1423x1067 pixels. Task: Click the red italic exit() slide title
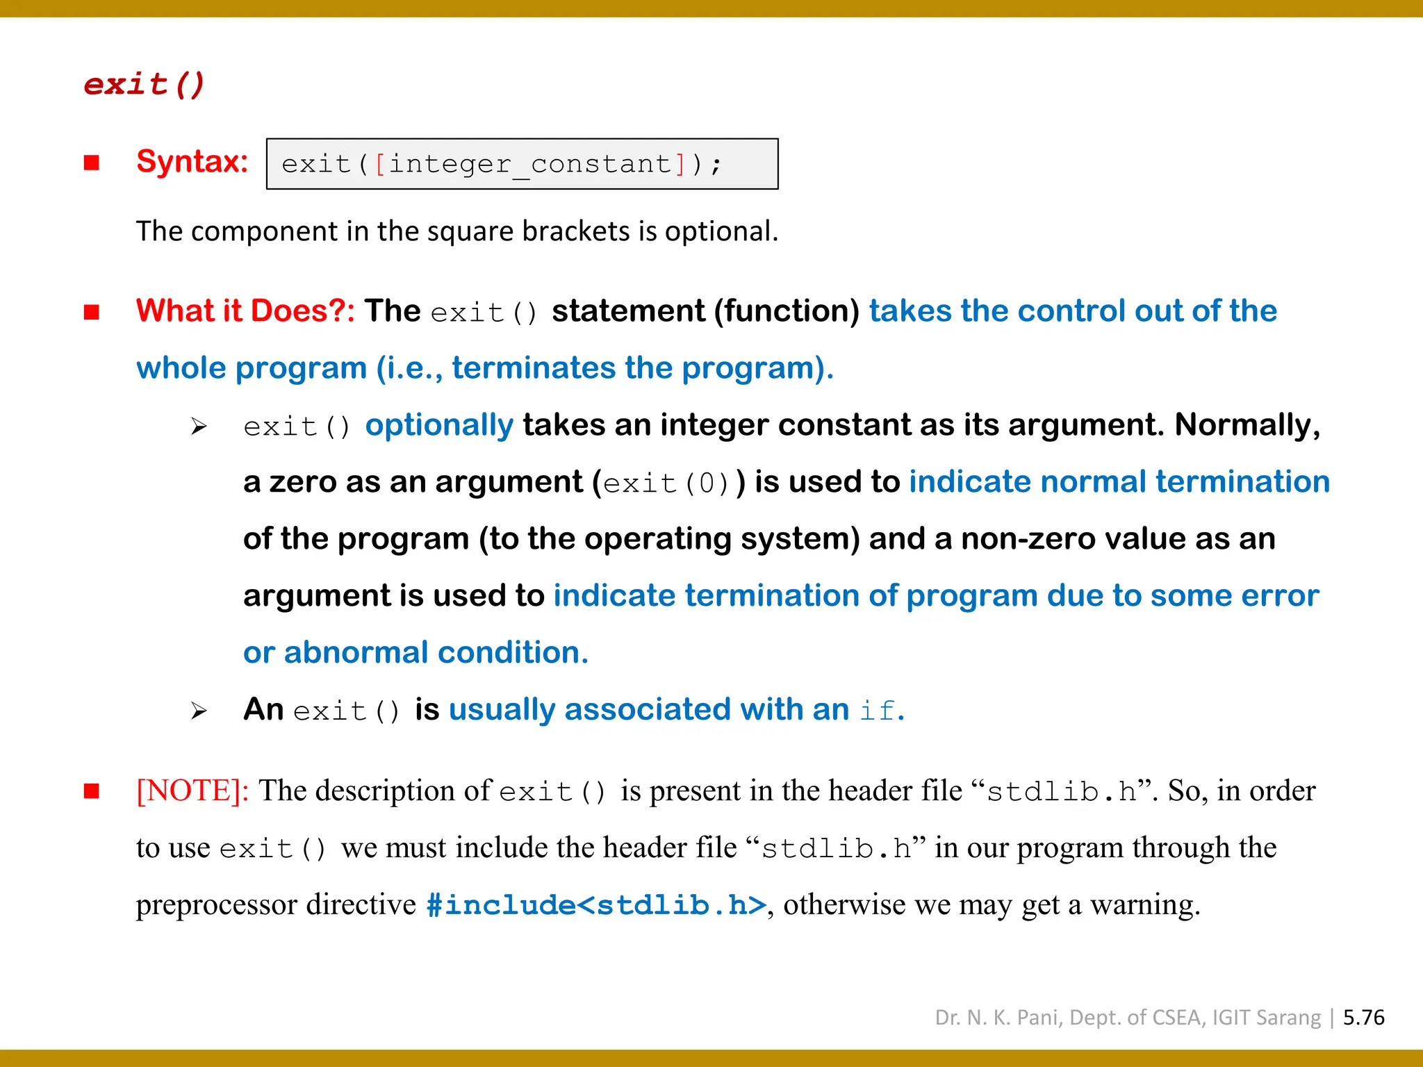click(144, 84)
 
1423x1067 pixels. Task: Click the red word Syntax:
click(192, 162)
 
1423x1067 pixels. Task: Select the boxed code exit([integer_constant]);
click(522, 164)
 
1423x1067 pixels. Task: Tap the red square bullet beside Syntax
click(92, 163)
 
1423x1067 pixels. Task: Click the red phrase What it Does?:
click(245, 311)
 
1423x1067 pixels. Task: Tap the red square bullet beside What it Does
click(92, 312)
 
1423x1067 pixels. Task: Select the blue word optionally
click(439, 425)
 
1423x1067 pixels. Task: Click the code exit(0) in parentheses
click(666, 483)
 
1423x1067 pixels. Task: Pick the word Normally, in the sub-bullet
click(1247, 425)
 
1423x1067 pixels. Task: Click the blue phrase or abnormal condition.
click(416, 653)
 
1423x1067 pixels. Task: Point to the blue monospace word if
click(877, 711)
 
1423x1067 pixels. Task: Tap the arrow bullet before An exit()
click(199, 711)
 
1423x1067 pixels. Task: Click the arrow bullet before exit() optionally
click(199, 426)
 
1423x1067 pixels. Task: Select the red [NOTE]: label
click(192, 791)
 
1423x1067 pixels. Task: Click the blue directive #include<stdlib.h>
click(596, 905)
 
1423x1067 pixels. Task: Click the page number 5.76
click(1363, 1018)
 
